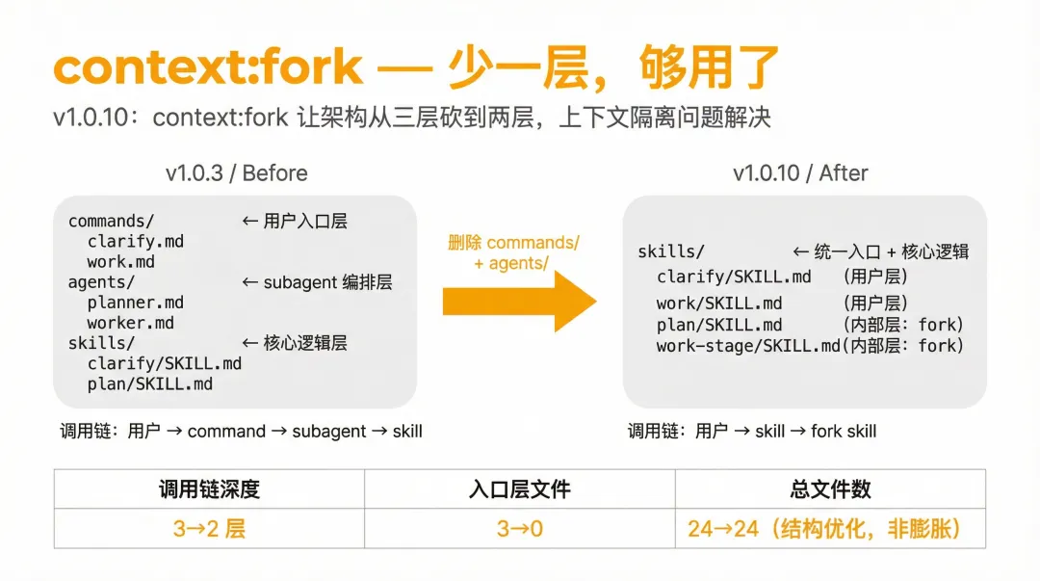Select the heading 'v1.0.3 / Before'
coord(236,173)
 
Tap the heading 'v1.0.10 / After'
coord(800,173)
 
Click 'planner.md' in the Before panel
coord(135,303)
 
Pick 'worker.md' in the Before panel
coord(130,323)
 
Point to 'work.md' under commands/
coord(120,262)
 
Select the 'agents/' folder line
coord(101,282)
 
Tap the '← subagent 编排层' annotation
coord(315,282)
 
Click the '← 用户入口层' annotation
coord(294,222)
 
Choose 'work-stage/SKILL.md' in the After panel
coord(748,345)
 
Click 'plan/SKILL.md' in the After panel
coord(719,325)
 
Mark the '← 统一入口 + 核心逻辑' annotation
coord(880,252)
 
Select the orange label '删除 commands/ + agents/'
coord(513,252)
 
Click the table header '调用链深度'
coord(209,489)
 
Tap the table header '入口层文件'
coord(520,489)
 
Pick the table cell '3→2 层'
coord(209,528)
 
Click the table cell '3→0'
coord(520,528)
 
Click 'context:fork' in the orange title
coord(208,67)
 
